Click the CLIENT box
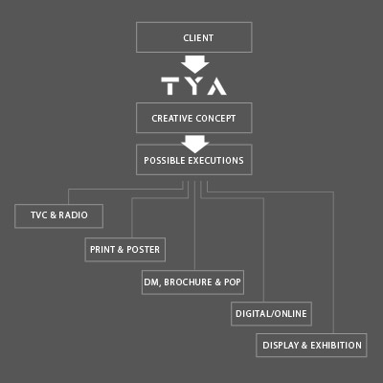click(194, 37)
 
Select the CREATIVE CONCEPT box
click(194, 118)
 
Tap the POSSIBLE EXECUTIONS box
click(194, 160)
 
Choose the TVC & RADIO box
click(58, 216)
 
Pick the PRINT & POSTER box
click(125, 250)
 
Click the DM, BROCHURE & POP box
click(192, 282)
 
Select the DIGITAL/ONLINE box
click(271, 314)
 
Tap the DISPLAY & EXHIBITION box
click(311, 345)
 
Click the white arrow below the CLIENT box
click(194, 64)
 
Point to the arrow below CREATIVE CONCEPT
click(194, 144)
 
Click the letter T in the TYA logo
click(170, 86)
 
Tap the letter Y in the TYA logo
click(193, 86)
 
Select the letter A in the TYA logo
click(216, 86)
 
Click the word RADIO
click(73, 215)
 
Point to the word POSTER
click(143, 250)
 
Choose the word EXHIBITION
click(336, 346)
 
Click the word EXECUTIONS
click(215, 160)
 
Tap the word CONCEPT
click(215, 119)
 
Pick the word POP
click(233, 282)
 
